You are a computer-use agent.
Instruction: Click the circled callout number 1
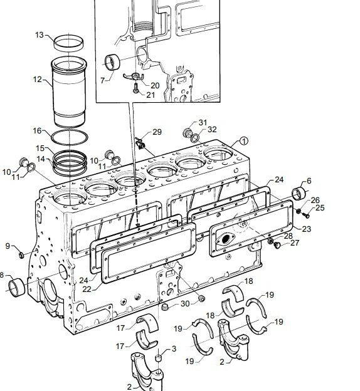pos(244,141)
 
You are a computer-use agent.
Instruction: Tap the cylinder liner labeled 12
pos(69,92)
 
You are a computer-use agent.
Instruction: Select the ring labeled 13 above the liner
pos(68,43)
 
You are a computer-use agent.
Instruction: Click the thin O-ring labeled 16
pos(70,137)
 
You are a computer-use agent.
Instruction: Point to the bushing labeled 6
pos(299,193)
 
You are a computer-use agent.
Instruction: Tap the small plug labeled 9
pos(21,255)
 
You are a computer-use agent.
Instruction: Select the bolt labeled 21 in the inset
pos(136,88)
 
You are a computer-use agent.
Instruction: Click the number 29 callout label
pos(157,132)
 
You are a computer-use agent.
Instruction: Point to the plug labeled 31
pos(188,132)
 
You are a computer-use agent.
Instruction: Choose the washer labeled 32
pos(195,138)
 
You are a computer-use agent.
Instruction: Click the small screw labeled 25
pos(305,214)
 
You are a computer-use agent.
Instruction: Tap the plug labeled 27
pos(277,245)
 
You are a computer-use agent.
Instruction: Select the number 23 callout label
pos(306,229)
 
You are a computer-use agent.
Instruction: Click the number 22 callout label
pos(87,289)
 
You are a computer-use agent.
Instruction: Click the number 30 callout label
pos(185,303)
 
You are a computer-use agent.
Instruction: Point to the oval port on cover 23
pos(225,239)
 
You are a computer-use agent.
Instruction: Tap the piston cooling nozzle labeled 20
pos(134,76)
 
